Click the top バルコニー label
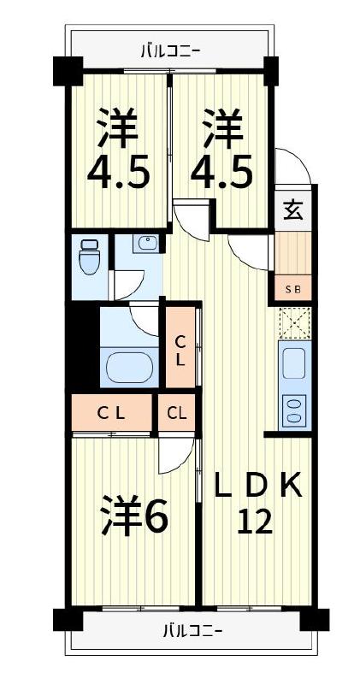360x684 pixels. pos(170,50)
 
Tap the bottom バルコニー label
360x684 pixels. pos(192,633)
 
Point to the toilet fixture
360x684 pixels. pos(88,256)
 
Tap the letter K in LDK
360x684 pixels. pos(291,485)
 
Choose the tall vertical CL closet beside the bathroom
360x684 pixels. pos(181,351)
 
